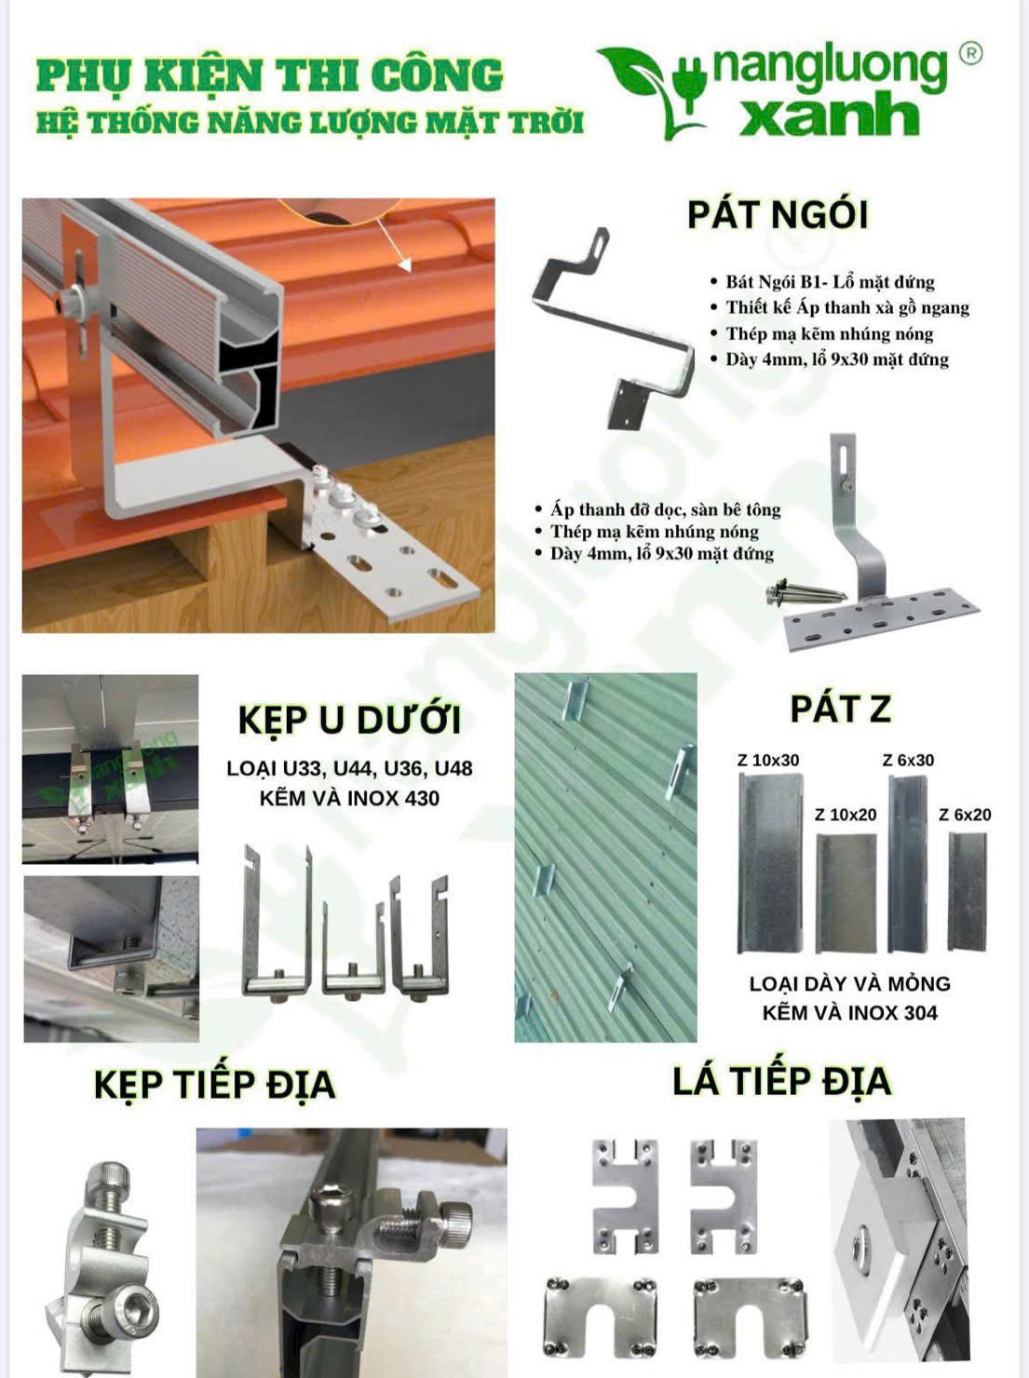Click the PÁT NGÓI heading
(x=778, y=215)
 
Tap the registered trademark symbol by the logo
(x=970, y=53)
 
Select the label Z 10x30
(x=768, y=761)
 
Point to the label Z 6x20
(x=965, y=815)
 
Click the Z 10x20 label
(x=846, y=815)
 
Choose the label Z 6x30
(x=908, y=761)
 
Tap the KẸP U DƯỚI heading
(x=350, y=720)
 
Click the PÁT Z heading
(x=841, y=709)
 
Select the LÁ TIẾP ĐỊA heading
(x=782, y=1081)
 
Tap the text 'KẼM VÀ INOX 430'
(x=350, y=799)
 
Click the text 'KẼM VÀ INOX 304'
(x=849, y=1013)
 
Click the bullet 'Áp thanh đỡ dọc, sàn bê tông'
(x=658, y=509)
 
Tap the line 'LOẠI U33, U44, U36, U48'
(x=350, y=768)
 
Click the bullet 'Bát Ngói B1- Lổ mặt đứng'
(x=822, y=282)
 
